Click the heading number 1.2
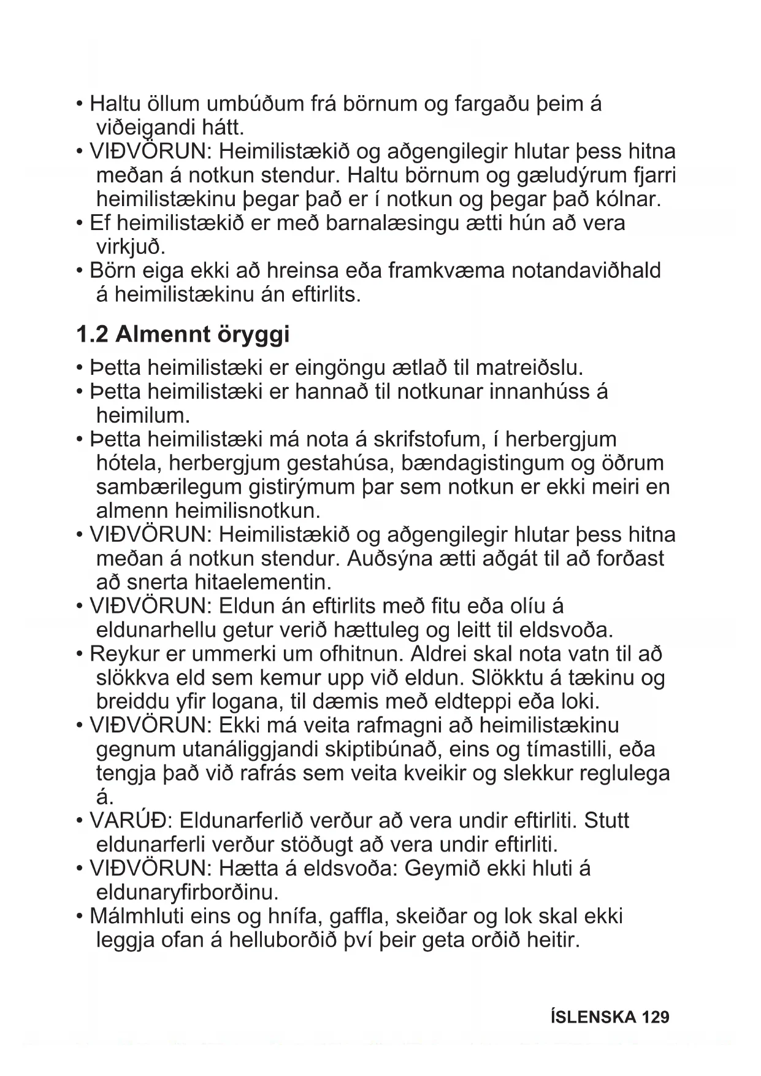pos(92,335)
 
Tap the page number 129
pos(656,1018)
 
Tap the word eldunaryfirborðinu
pos(187,891)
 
